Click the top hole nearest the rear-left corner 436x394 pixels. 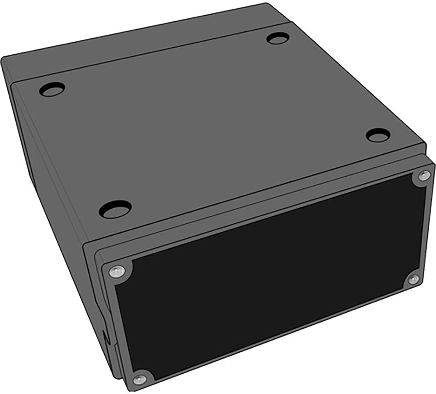click(x=52, y=89)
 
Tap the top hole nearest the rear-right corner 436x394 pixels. click(x=278, y=38)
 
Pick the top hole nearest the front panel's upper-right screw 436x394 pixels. click(x=378, y=135)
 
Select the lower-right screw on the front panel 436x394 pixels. click(x=413, y=279)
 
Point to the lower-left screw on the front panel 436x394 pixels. click(x=140, y=378)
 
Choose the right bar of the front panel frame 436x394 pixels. click(x=428, y=227)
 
